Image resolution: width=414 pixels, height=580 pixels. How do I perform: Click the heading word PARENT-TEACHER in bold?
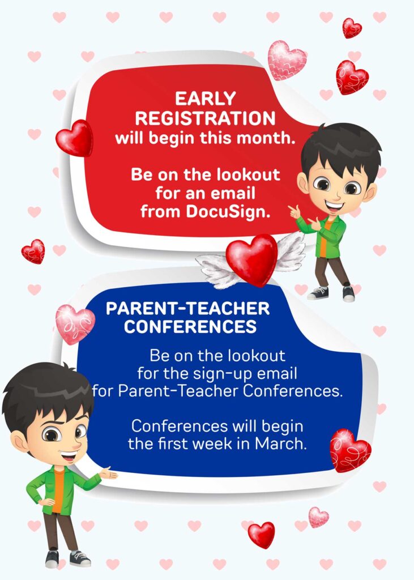[187, 309]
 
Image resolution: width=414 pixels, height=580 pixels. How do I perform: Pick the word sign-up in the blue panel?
[229, 374]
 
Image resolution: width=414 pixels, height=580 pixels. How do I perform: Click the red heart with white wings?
[251, 259]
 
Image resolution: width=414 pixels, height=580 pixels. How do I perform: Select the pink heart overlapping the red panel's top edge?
[286, 59]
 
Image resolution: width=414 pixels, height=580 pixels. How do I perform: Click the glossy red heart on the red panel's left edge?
[74, 139]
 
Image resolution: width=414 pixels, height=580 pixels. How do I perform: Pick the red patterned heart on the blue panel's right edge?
[350, 450]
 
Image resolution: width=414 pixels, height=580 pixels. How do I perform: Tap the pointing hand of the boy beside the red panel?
[295, 212]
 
